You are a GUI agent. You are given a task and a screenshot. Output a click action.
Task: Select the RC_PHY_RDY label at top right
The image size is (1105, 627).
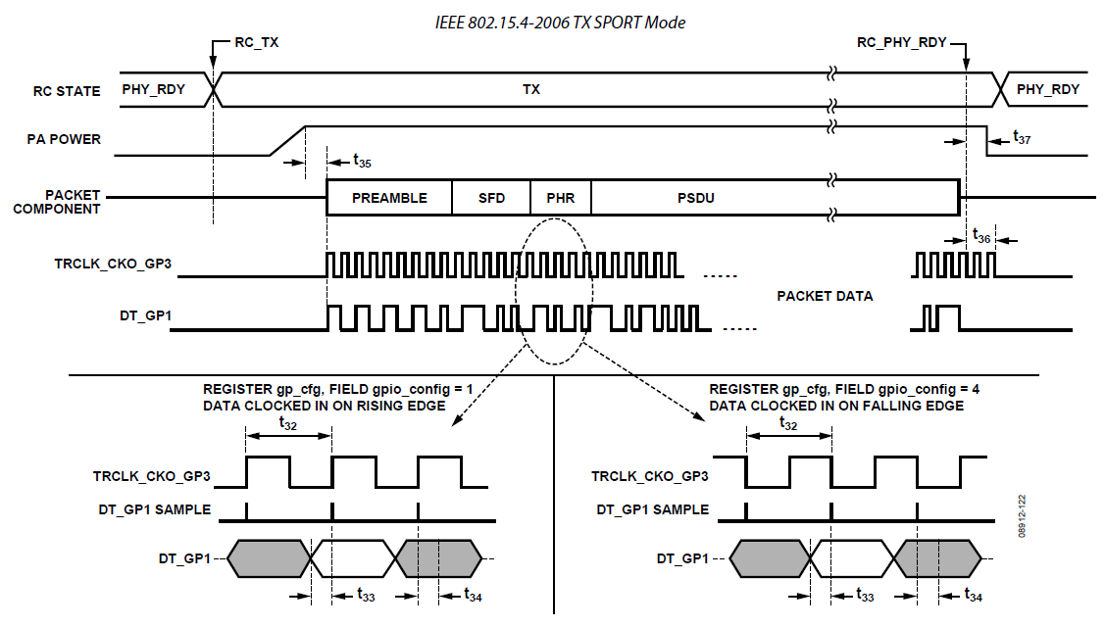(902, 44)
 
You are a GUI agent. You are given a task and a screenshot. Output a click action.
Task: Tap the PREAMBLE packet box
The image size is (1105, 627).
(389, 198)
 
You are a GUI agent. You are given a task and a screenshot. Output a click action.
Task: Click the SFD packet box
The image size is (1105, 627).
(491, 198)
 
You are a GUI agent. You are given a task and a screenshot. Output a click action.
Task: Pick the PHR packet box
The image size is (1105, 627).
(561, 198)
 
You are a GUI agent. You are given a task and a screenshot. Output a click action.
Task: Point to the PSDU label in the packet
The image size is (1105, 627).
(695, 198)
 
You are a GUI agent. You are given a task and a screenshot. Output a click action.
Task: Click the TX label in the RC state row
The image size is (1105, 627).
(530, 89)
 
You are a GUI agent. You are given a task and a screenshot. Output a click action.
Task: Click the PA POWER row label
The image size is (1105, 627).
(66, 139)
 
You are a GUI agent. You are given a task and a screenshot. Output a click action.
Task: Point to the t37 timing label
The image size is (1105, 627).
(1021, 139)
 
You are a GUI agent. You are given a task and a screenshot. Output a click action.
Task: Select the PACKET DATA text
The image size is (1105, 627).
(824, 295)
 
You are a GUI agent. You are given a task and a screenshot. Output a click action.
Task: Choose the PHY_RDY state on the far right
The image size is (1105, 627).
(1047, 89)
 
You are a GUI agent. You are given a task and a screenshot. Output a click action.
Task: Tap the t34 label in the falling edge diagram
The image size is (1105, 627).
(973, 595)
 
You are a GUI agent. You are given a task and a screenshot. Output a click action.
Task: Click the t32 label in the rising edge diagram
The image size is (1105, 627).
(287, 425)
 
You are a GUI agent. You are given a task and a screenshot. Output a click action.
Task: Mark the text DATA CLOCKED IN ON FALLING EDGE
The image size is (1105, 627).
(836, 406)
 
